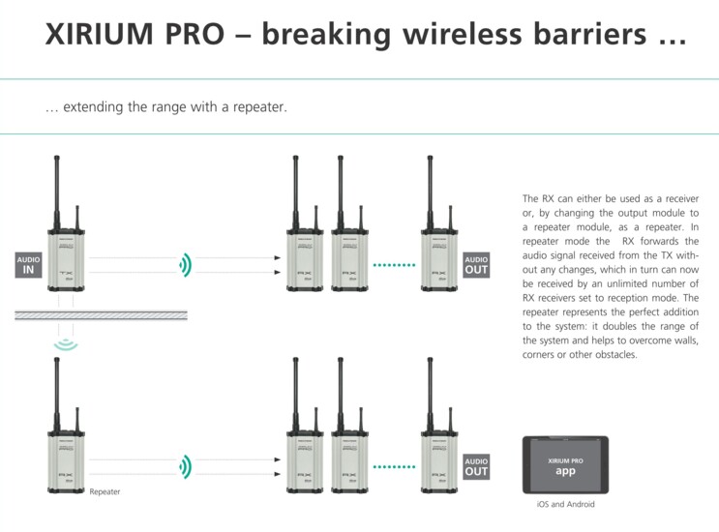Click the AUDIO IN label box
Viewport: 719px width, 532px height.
pyautogui.click(x=29, y=264)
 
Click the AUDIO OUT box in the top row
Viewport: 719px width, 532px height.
pyautogui.click(x=476, y=264)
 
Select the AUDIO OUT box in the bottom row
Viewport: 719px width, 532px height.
pyautogui.click(x=476, y=466)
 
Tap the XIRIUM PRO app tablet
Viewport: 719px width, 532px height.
pyautogui.click(x=567, y=465)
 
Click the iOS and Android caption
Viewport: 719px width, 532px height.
pyautogui.click(x=567, y=505)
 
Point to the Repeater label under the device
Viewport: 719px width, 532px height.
pyautogui.click(x=105, y=492)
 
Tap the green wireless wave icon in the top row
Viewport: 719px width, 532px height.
pyautogui.click(x=184, y=264)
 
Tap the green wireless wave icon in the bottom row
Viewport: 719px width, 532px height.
pyautogui.click(x=184, y=467)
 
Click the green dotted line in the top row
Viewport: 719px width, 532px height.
pyautogui.click(x=393, y=264)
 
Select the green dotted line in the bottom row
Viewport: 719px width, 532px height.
pyautogui.click(x=393, y=467)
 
